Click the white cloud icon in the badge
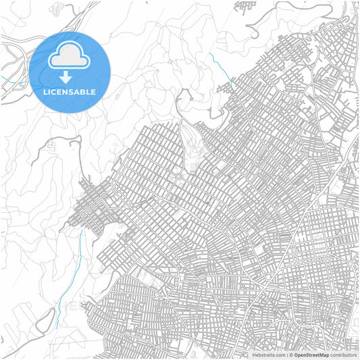pyautogui.click(x=70, y=55)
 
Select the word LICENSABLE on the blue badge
pyautogui.click(x=70, y=92)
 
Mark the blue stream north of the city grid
pyautogui.click(x=220, y=66)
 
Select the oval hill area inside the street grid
pyautogui.click(x=193, y=145)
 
